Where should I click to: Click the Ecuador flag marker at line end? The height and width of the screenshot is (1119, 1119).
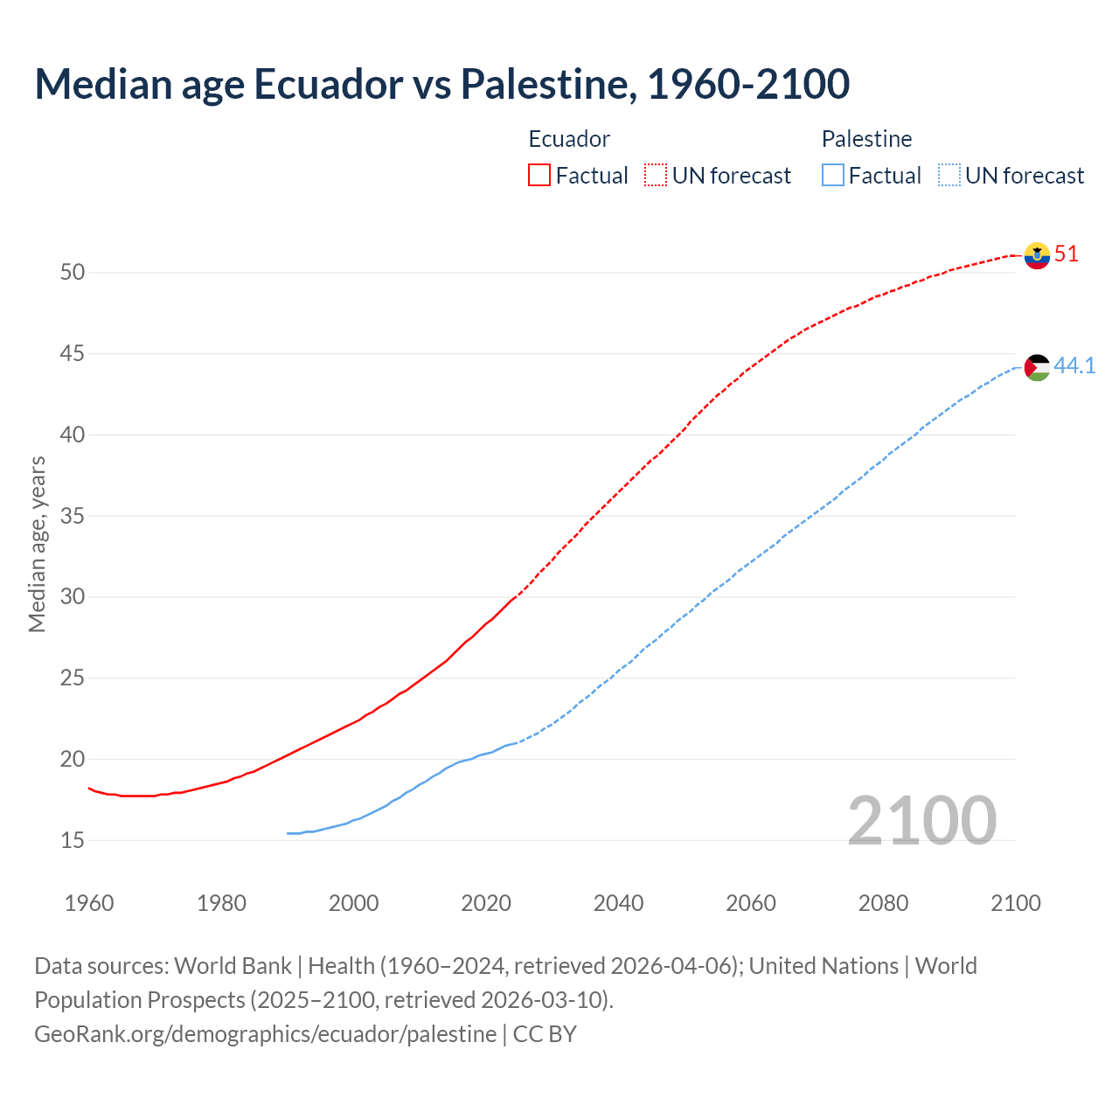(1037, 255)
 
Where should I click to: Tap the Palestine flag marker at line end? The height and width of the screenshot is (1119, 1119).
(1037, 367)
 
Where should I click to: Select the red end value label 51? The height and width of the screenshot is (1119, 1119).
(1067, 254)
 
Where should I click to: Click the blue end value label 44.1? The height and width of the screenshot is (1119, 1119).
(1074, 365)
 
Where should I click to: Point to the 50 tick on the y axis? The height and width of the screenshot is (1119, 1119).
(73, 273)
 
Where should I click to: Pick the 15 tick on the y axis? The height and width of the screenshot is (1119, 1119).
(73, 841)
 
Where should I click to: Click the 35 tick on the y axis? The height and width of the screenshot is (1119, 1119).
(73, 517)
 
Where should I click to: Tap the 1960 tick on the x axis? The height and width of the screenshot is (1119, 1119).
(89, 903)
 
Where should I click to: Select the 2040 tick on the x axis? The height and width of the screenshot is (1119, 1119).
(618, 903)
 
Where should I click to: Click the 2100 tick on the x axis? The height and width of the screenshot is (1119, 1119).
(1015, 903)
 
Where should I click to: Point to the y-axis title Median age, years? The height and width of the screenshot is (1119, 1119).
(37, 544)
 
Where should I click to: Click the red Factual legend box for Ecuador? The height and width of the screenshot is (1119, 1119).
(539, 176)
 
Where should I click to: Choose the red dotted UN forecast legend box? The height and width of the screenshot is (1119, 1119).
(656, 176)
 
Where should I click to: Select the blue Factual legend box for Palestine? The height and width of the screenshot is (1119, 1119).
(833, 176)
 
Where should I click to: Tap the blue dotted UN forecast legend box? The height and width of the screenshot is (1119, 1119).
(949, 176)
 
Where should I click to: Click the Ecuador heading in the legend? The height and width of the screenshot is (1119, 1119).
(569, 139)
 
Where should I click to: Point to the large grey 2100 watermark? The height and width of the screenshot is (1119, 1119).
(921, 820)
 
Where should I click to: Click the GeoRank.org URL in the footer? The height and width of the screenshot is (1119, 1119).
(265, 1034)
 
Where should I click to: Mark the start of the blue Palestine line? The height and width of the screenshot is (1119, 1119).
(288, 833)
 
